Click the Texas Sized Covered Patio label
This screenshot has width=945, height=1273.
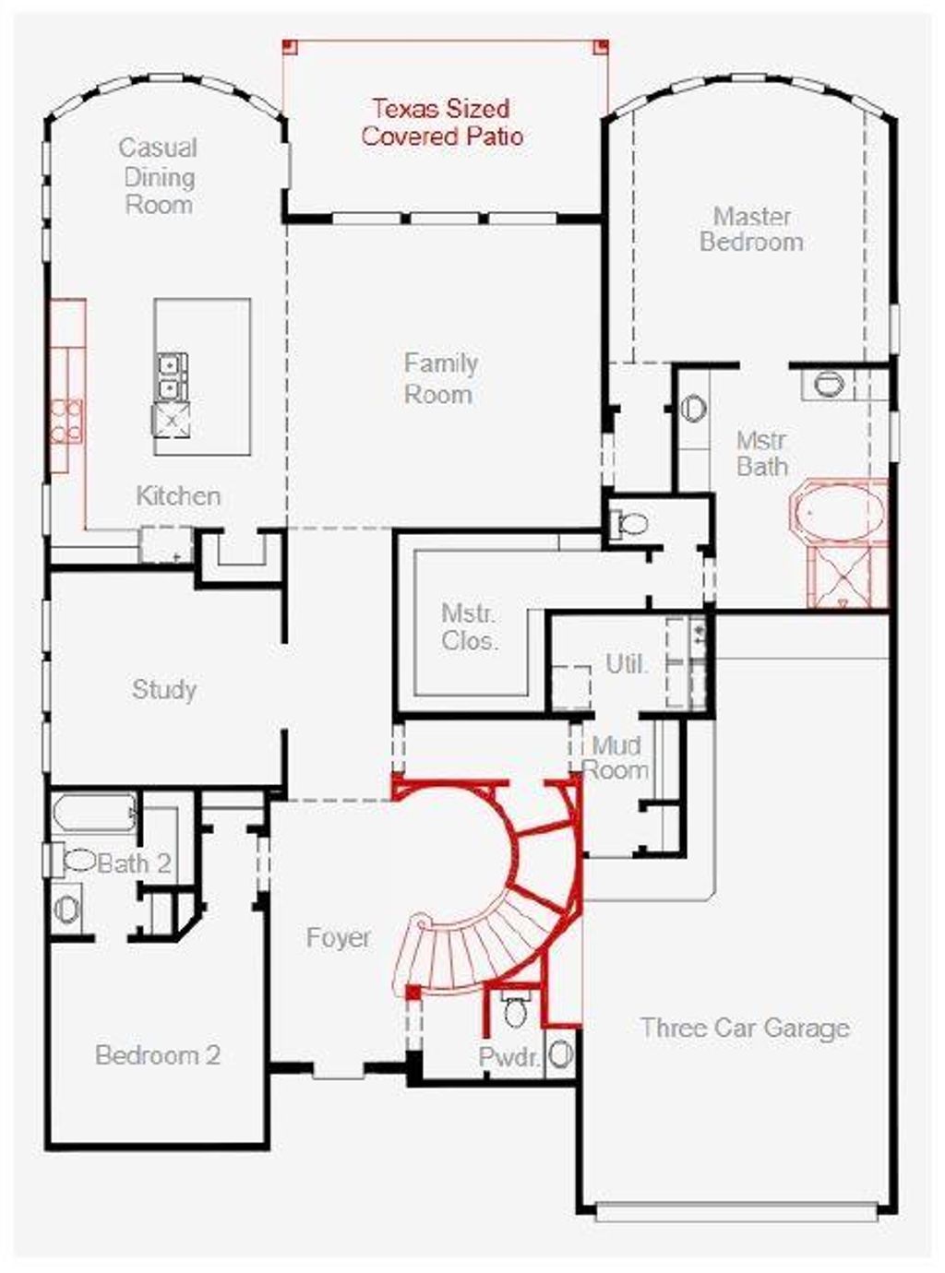pyautogui.click(x=442, y=123)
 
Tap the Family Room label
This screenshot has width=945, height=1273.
pyautogui.click(x=440, y=379)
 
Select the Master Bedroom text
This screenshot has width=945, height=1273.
pyautogui.click(x=751, y=230)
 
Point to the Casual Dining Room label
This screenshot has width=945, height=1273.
pyautogui.click(x=158, y=176)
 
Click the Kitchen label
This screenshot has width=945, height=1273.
pyautogui.click(x=178, y=496)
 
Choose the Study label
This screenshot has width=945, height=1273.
pyautogui.click(x=164, y=689)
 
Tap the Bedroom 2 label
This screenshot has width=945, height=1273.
pyautogui.click(x=158, y=1055)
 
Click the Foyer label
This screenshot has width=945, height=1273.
pyautogui.click(x=338, y=938)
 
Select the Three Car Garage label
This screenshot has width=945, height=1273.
pyautogui.click(x=745, y=1028)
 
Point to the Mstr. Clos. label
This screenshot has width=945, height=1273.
pyautogui.click(x=469, y=627)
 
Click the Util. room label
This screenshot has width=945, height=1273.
pyautogui.click(x=627, y=663)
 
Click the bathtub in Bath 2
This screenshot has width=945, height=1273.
pyautogui.click(x=92, y=814)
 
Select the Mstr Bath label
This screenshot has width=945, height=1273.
pyautogui.click(x=761, y=454)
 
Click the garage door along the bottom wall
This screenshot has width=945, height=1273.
pyautogui.click(x=736, y=1211)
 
